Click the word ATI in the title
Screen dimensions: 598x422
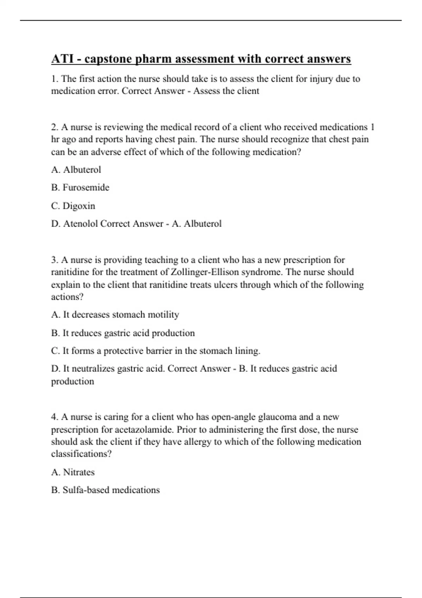pyautogui.click(x=62, y=59)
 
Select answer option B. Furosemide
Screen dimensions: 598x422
pyautogui.click(x=80, y=187)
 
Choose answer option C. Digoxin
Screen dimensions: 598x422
pyautogui.click(x=73, y=206)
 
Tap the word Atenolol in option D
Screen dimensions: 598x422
pyautogui.click(x=81, y=224)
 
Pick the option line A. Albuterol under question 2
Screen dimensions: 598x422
pyautogui.click(x=76, y=170)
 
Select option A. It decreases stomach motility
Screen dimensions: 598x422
pyautogui.click(x=115, y=314)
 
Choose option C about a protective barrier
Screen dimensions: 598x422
pyautogui.click(x=156, y=351)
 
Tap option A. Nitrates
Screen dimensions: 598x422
pyautogui.click(x=73, y=472)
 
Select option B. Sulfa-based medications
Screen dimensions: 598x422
pyautogui.click(x=105, y=490)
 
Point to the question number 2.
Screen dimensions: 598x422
pyautogui.click(x=55, y=127)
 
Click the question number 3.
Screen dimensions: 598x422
pyautogui.click(x=55, y=260)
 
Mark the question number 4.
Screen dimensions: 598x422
pyautogui.click(x=55, y=417)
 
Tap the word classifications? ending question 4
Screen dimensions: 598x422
pyautogui.click(x=81, y=454)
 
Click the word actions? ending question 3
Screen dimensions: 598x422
pyautogui.click(x=67, y=297)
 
